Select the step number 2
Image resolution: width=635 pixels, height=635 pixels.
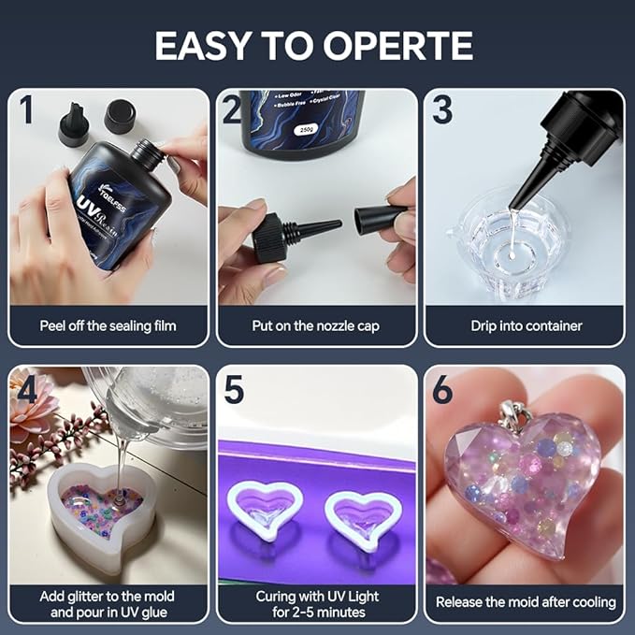(x=233, y=109)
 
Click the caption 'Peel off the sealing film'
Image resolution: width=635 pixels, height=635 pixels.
(x=108, y=326)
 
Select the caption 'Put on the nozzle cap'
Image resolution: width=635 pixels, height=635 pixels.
(x=317, y=326)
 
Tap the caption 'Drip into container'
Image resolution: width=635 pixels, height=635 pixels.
(x=526, y=326)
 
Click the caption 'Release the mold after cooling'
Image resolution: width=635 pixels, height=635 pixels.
(x=526, y=601)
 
